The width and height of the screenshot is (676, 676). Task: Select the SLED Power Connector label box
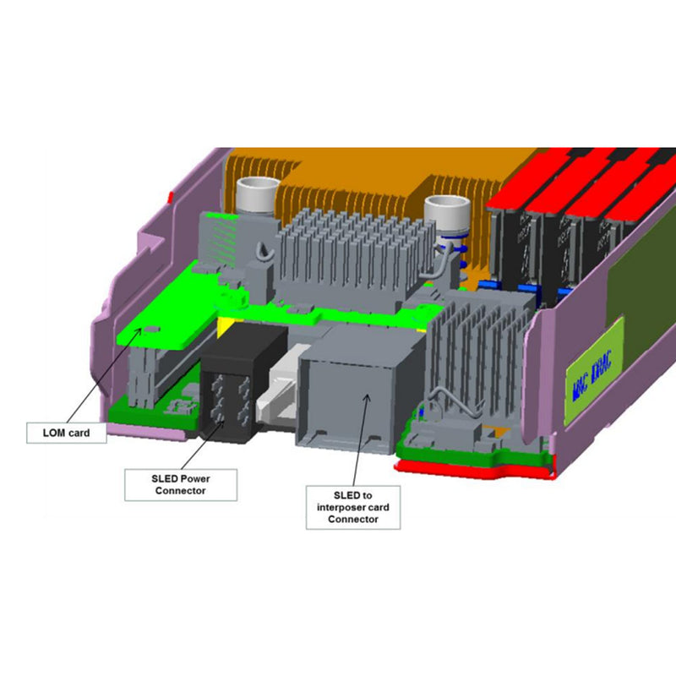pyautogui.click(x=181, y=484)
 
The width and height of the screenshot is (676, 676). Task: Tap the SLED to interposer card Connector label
pyautogui.click(x=352, y=506)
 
